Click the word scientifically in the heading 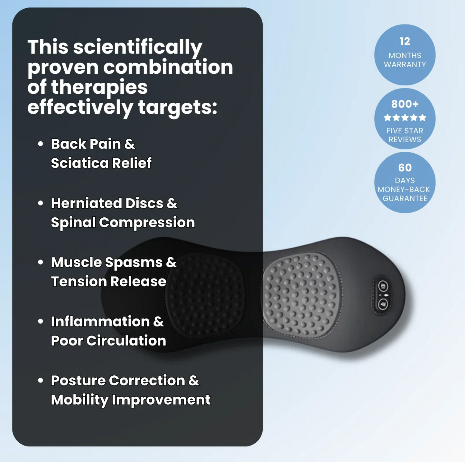point(137,47)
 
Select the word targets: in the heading point(178,107)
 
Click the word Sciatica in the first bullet point(79,163)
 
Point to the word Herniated point(86,203)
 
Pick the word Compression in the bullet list point(147,222)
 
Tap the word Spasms point(133,263)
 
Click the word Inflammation point(100,322)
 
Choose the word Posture point(78,381)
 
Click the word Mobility point(79,400)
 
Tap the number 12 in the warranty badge point(405,42)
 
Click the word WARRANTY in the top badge point(405,64)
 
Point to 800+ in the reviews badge point(405,104)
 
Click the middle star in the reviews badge point(405,118)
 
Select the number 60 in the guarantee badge point(405,168)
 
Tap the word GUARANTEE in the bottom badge point(405,198)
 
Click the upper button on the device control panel point(383,286)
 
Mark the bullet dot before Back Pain point(41,144)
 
